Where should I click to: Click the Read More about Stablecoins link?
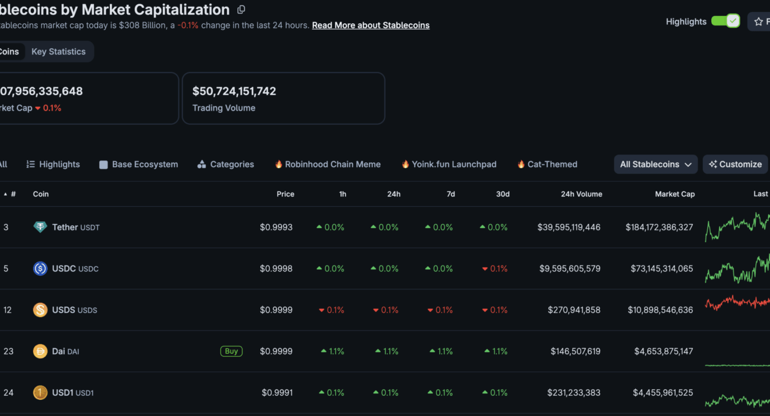371,25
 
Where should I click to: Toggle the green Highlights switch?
725,21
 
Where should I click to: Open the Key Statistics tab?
58,52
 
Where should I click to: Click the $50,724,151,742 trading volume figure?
234,91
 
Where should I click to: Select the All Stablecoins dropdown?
655,165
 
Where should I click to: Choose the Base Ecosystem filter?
138,165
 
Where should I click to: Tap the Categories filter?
226,165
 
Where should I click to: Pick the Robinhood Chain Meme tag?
327,165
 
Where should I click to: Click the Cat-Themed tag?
547,165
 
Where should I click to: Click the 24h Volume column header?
582,194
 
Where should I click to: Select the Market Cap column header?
675,194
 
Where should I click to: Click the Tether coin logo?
40,227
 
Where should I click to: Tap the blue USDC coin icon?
40,268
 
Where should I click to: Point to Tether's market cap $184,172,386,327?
659,227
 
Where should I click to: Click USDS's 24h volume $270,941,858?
574,310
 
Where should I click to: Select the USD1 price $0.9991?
277,393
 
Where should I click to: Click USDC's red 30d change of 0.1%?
495,269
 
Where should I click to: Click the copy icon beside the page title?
241,10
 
